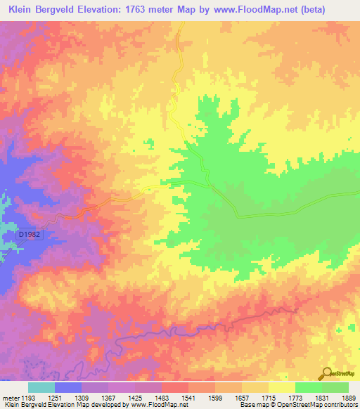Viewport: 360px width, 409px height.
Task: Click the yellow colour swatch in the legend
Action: (x=281, y=387)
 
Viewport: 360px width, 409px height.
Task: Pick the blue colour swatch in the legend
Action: (x=67, y=387)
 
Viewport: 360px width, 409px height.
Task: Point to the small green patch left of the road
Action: (x=150, y=144)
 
